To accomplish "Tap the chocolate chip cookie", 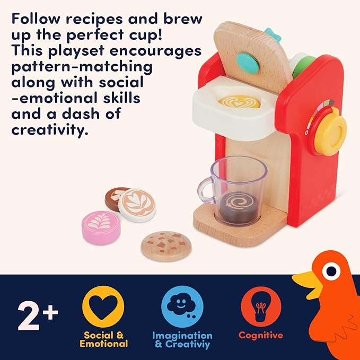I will click(165, 244).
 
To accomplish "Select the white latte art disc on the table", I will click(137, 205).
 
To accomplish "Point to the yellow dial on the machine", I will click(331, 131).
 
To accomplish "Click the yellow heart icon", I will click(103, 306).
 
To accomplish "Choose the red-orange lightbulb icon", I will click(260, 306).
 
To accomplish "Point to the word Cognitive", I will click(260, 335).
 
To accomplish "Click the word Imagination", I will click(182, 335).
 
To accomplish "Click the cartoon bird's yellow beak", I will click(307, 282).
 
